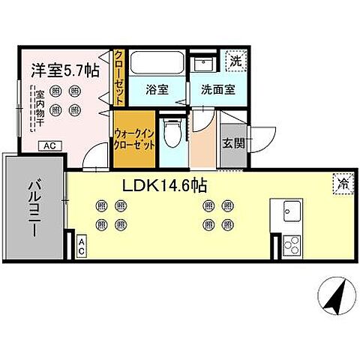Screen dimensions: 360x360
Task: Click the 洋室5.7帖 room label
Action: point(63,70)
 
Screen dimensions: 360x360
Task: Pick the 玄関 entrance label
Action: point(232,143)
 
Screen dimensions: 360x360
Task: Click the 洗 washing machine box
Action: point(235,60)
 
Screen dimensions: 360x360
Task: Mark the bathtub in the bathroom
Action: point(157,63)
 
